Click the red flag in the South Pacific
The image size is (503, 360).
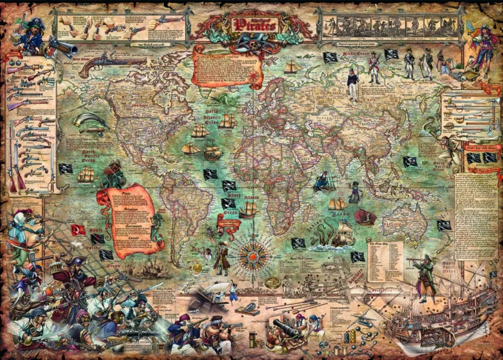79,229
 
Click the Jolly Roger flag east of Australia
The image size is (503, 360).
444,225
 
